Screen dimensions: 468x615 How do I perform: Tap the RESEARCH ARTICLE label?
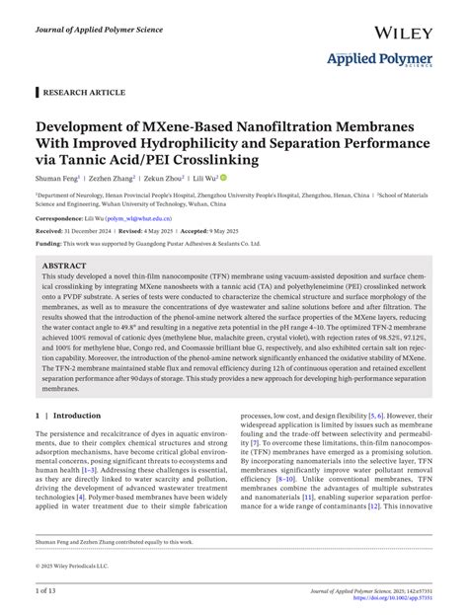[87, 92]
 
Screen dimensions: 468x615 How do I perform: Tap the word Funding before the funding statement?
[48, 243]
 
